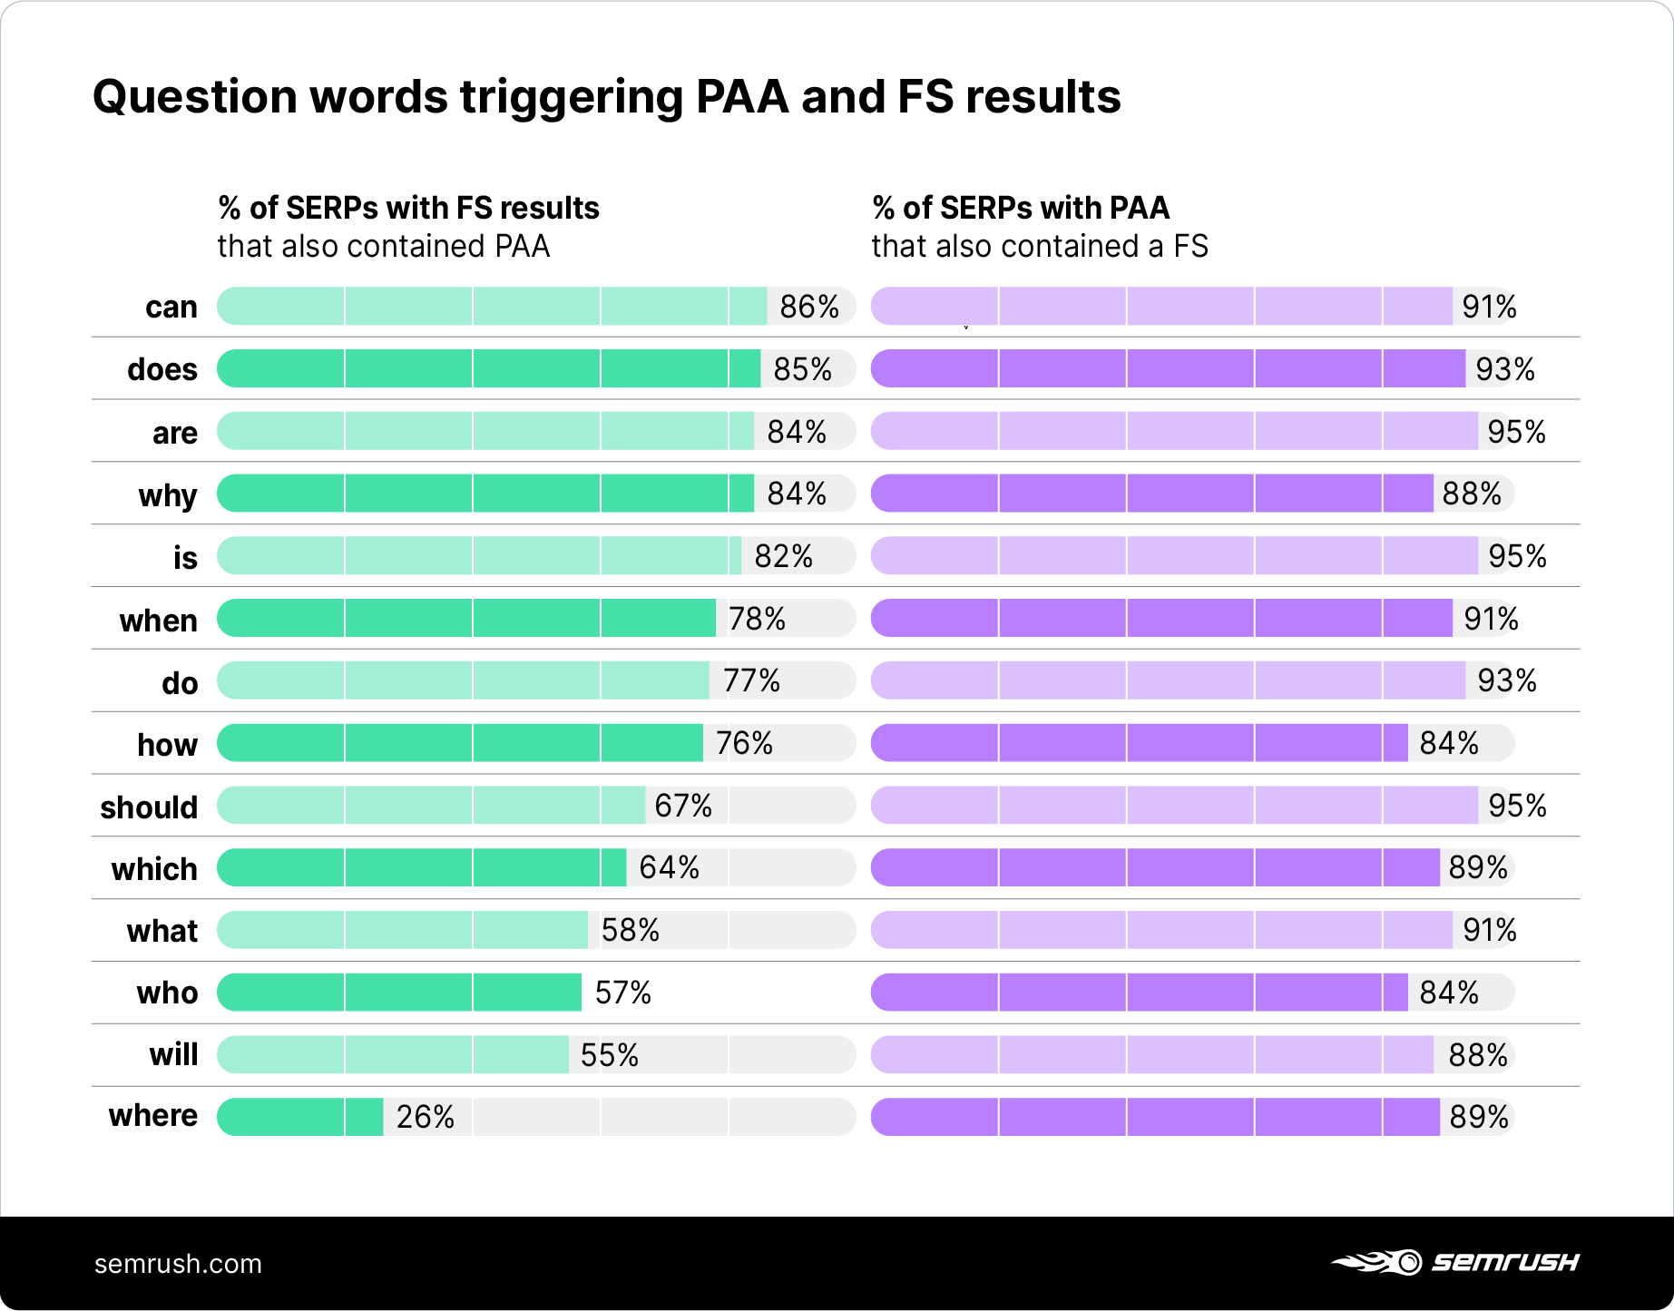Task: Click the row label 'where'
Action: [x=152, y=1115]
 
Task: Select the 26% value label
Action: [x=425, y=1117]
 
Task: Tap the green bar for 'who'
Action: [x=399, y=993]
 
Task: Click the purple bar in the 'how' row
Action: [x=1139, y=743]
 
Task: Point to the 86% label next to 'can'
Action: [x=808, y=307]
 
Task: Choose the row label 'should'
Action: [x=149, y=807]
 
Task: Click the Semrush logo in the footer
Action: [x=1455, y=1262]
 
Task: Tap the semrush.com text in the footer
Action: [x=178, y=1264]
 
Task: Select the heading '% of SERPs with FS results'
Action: [x=408, y=208]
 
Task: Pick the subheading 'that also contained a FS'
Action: [x=1040, y=246]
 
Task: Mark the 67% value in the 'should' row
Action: [x=682, y=806]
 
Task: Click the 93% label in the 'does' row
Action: [x=1504, y=369]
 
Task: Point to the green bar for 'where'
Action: [x=299, y=1117]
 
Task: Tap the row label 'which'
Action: [x=154, y=868]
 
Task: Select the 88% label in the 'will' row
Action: [x=1477, y=1055]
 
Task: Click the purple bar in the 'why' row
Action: [x=1151, y=494]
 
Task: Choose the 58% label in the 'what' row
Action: [x=630, y=930]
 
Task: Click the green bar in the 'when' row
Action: [x=466, y=618]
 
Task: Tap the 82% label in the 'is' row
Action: [x=783, y=556]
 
